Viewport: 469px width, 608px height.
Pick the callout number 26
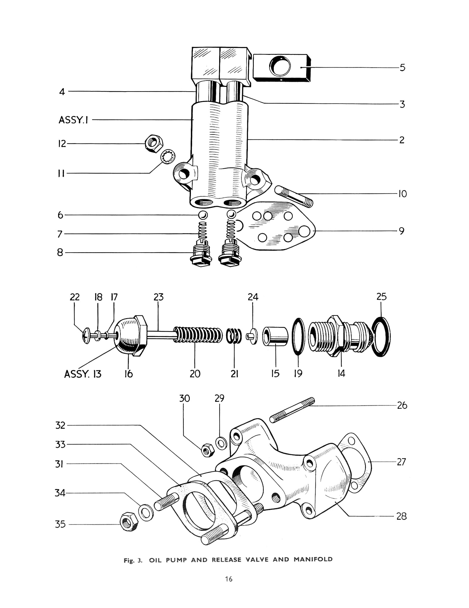click(402, 405)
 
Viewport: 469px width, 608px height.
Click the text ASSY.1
click(73, 120)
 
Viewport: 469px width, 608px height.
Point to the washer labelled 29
click(222, 443)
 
